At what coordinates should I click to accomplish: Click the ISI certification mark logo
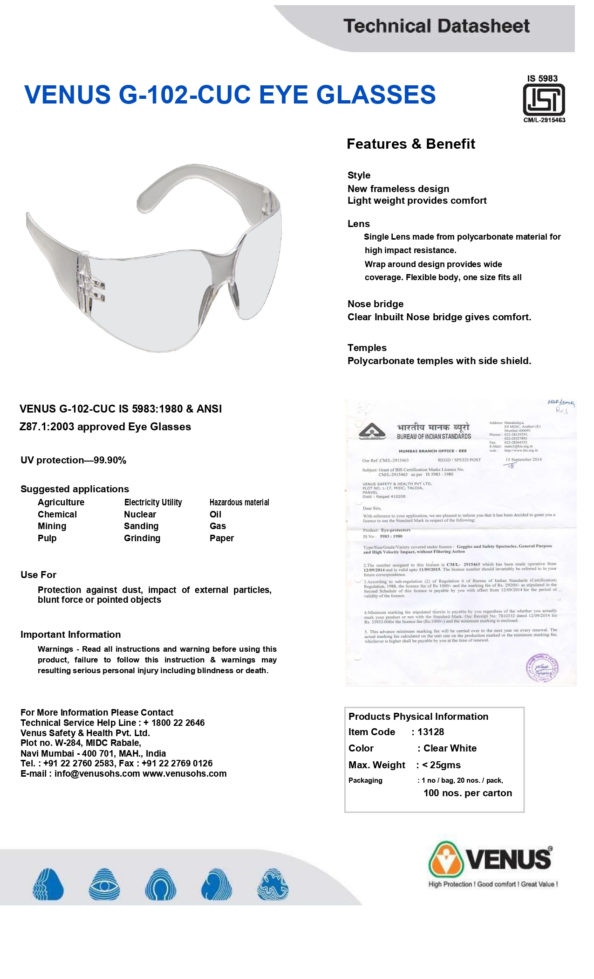pyautogui.click(x=544, y=99)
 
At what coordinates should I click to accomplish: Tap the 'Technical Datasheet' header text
pyautogui.click(x=437, y=26)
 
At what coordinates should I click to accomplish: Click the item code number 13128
pyautogui.click(x=430, y=732)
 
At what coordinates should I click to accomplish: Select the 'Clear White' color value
pyautogui.click(x=450, y=748)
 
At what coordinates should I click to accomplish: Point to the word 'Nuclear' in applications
pyautogui.click(x=140, y=514)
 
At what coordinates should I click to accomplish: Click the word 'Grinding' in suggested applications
pyautogui.click(x=142, y=538)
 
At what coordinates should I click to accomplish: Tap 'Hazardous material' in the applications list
pyautogui.click(x=239, y=502)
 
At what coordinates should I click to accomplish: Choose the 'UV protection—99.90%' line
pyautogui.click(x=73, y=460)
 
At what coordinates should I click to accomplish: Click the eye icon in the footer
pyautogui.click(x=104, y=884)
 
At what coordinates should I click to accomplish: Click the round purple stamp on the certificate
pyautogui.click(x=542, y=669)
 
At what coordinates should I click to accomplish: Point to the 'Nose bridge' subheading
pyautogui.click(x=376, y=304)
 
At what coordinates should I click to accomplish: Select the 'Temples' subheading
pyautogui.click(x=367, y=348)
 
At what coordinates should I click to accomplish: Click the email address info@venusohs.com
pyautogui.click(x=97, y=773)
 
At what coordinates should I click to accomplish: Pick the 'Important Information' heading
pyautogui.click(x=70, y=634)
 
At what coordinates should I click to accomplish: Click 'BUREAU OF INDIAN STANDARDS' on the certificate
pyautogui.click(x=434, y=436)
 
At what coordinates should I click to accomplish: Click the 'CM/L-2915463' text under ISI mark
pyautogui.click(x=544, y=120)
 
